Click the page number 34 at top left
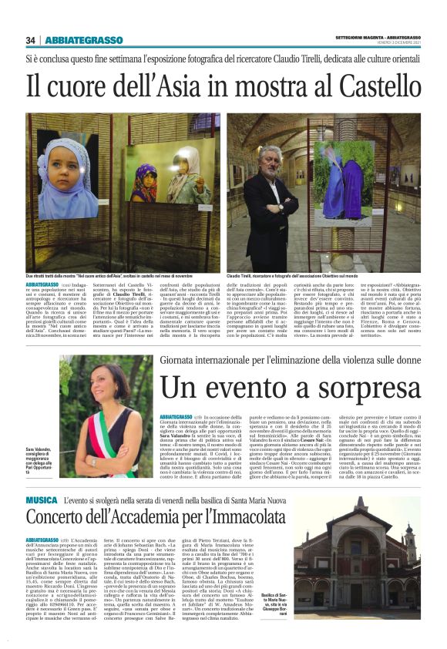coord(31,40)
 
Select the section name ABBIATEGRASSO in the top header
coord(80,40)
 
